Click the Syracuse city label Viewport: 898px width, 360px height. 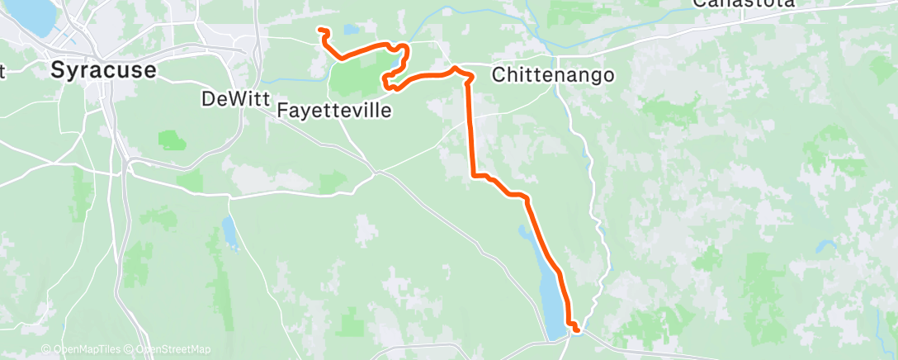click(102, 70)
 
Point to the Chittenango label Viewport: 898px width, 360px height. click(552, 75)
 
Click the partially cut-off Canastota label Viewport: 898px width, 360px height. click(743, 3)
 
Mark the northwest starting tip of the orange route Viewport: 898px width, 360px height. click(319, 31)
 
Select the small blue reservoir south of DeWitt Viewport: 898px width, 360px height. click(229, 234)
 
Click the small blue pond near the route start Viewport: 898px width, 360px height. click(352, 30)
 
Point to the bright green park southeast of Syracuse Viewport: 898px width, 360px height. click(171, 140)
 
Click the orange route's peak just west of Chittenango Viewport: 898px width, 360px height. click(455, 69)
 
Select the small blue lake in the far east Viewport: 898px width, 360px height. click(825, 247)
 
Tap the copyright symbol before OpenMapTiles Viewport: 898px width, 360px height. click(45, 349)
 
